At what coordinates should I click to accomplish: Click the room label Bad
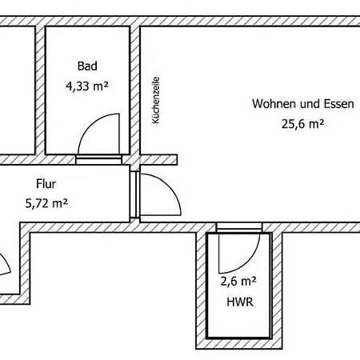click(x=87, y=66)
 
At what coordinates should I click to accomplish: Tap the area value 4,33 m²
click(x=87, y=86)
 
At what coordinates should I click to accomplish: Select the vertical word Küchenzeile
click(x=155, y=100)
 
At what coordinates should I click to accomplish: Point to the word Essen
click(x=339, y=104)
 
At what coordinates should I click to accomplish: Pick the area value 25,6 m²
click(x=303, y=124)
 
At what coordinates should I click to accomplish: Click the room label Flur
click(x=46, y=184)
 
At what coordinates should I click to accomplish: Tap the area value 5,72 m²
click(x=46, y=204)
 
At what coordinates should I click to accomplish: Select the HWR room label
click(x=240, y=302)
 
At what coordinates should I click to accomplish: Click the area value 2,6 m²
click(x=238, y=282)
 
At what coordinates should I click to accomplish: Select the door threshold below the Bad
click(x=98, y=160)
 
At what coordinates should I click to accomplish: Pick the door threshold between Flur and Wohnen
click(x=134, y=194)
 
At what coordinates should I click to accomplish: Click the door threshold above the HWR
click(x=239, y=227)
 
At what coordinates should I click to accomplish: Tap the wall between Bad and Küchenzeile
click(x=135, y=90)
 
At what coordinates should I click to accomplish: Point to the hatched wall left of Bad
click(x=40, y=90)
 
